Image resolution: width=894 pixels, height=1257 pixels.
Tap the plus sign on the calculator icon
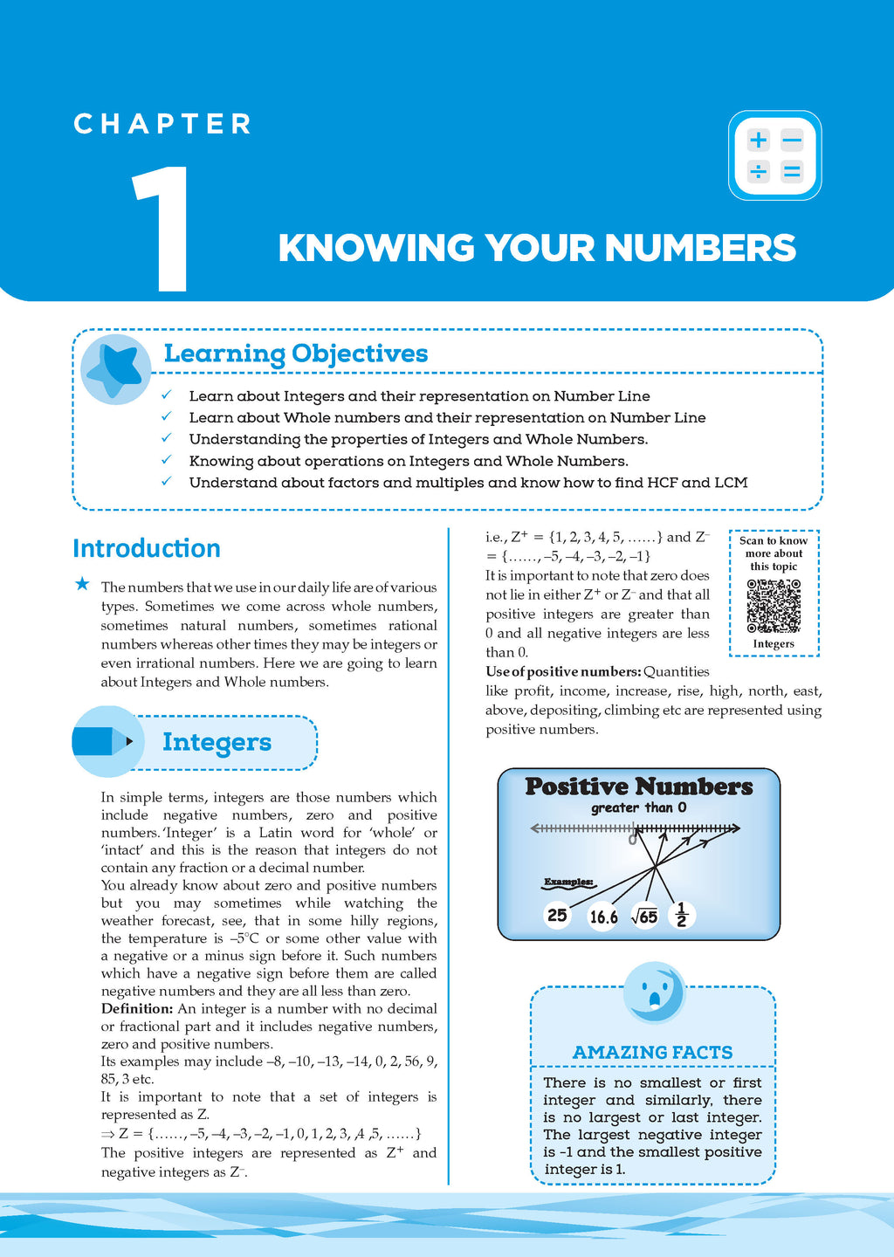pyautogui.click(x=758, y=140)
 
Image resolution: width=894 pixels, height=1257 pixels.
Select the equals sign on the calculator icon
pyautogui.click(x=792, y=172)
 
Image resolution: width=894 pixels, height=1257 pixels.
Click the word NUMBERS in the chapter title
pyautogui.click(x=700, y=248)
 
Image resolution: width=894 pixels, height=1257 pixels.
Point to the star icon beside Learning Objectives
pyautogui.click(x=116, y=367)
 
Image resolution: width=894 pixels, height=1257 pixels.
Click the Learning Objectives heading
pyautogui.click(x=296, y=354)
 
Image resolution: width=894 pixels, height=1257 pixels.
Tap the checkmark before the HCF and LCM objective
pyautogui.click(x=167, y=482)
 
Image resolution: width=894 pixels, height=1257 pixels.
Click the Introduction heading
pyautogui.click(x=146, y=548)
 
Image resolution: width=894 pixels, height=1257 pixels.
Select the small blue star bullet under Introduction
pyautogui.click(x=82, y=584)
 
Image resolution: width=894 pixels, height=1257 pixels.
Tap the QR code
pyautogui.click(x=774, y=605)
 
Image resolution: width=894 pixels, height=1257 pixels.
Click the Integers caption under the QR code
pyautogui.click(x=774, y=644)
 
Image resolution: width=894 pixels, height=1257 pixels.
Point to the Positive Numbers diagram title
pyautogui.click(x=638, y=786)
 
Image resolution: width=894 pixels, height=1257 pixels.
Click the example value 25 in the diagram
pyautogui.click(x=557, y=915)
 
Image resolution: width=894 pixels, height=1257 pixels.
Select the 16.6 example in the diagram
pyautogui.click(x=603, y=917)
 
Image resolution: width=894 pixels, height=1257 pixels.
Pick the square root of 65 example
pyautogui.click(x=644, y=917)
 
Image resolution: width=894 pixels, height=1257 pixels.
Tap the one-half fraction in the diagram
pyautogui.click(x=682, y=915)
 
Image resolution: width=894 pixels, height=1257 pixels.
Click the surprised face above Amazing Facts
pyautogui.click(x=654, y=993)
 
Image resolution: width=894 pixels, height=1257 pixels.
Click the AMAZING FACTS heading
pyautogui.click(x=652, y=1053)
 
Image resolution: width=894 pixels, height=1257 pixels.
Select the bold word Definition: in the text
pyautogui.click(x=137, y=1009)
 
